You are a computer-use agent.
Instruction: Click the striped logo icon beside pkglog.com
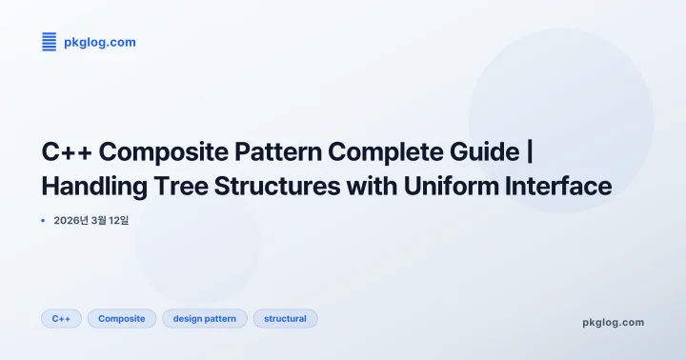pyautogui.click(x=49, y=41)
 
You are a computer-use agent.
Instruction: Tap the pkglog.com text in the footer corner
pyautogui.click(x=613, y=322)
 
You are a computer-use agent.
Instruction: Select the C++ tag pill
pyautogui.click(x=61, y=318)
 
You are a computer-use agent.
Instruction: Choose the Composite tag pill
pyautogui.click(x=122, y=318)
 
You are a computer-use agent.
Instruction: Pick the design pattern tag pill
pyautogui.click(x=205, y=318)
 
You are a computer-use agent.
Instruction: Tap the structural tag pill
pyautogui.click(x=285, y=318)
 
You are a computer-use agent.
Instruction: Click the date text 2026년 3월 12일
pyautogui.click(x=98, y=220)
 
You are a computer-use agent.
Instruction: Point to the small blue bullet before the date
pyautogui.click(x=43, y=220)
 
